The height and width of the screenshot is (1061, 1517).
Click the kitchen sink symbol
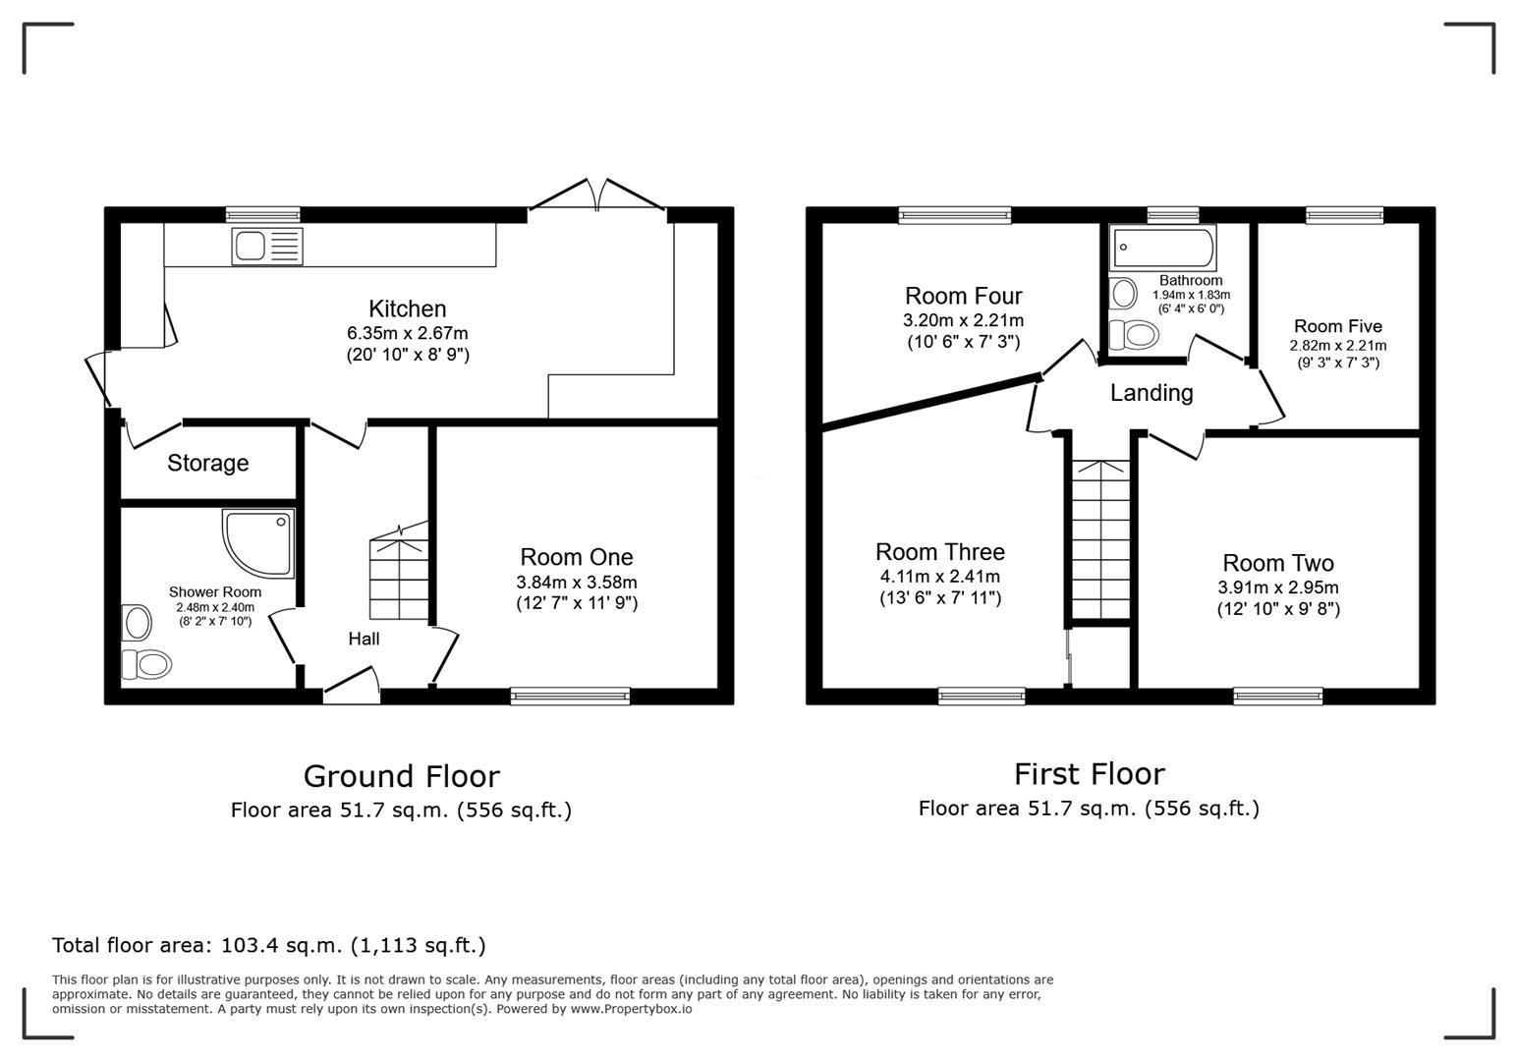pos(267,246)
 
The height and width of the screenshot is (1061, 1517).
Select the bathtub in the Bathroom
pos(1162,248)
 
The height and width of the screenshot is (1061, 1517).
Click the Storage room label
pos(207,463)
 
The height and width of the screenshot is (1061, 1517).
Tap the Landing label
pos(1152,393)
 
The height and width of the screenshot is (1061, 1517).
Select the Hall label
pos(364,639)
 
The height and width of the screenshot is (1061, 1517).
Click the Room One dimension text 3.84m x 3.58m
pos(577,583)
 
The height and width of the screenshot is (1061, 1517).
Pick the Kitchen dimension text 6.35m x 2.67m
pos(408,333)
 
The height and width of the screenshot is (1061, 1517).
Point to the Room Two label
pos(1277,563)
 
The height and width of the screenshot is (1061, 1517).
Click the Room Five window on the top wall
pos(1344,214)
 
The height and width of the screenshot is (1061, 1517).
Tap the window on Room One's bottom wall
pos(570,697)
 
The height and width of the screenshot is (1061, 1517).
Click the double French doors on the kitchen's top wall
pos(597,196)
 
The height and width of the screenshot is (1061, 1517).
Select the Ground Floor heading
pos(401,776)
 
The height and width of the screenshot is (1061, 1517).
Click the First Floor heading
pos(1089,774)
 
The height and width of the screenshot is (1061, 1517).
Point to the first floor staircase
pos(1100,540)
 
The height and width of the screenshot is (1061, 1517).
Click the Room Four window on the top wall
pos(954,214)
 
